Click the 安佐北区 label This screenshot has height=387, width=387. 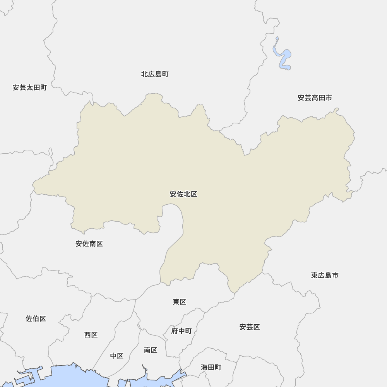coord(183,194)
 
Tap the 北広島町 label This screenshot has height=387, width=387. coord(155,74)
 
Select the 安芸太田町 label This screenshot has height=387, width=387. coord(30,87)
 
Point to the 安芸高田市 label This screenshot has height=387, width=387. coord(315,98)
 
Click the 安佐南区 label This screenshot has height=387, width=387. coord(89,244)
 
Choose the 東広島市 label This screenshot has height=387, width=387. coord(325,275)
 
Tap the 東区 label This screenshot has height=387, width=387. coord(180,302)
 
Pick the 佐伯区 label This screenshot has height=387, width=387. coord(36,319)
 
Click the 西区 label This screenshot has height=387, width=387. coord(91,335)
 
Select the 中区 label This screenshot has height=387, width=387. coord(116,356)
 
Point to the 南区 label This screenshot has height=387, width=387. coord(151,350)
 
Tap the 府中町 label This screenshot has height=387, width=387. coord(181,331)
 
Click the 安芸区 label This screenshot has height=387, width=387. coord(249,327)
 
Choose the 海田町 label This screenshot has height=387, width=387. coord(211,367)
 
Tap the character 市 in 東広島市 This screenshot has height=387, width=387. coord(335,275)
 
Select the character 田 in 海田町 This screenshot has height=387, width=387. coord(211,367)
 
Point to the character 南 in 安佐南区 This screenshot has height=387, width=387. coord(92,244)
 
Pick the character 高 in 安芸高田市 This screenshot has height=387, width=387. coord(315,98)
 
